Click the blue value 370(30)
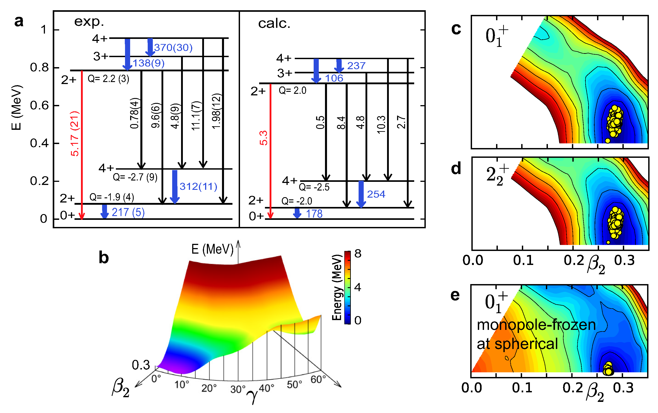point(173,48)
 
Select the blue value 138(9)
point(149,63)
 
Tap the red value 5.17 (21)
point(75,134)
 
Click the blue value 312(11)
point(198,186)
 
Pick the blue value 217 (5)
point(128,212)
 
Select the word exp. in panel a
point(89,22)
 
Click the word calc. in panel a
point(274,24)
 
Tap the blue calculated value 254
point(376,194)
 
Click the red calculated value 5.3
point(263,138)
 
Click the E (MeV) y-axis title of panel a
point(16,108)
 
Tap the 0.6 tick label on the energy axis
point(39,105)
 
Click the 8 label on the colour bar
point(358,254)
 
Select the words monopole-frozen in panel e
point(536,325)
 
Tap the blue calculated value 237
point(356,66)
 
